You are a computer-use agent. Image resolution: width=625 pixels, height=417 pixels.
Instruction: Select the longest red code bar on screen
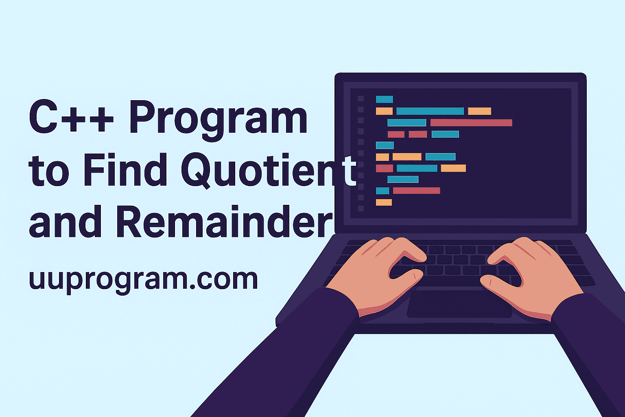(471, 123)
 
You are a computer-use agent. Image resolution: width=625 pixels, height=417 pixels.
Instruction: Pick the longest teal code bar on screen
(430, 111)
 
